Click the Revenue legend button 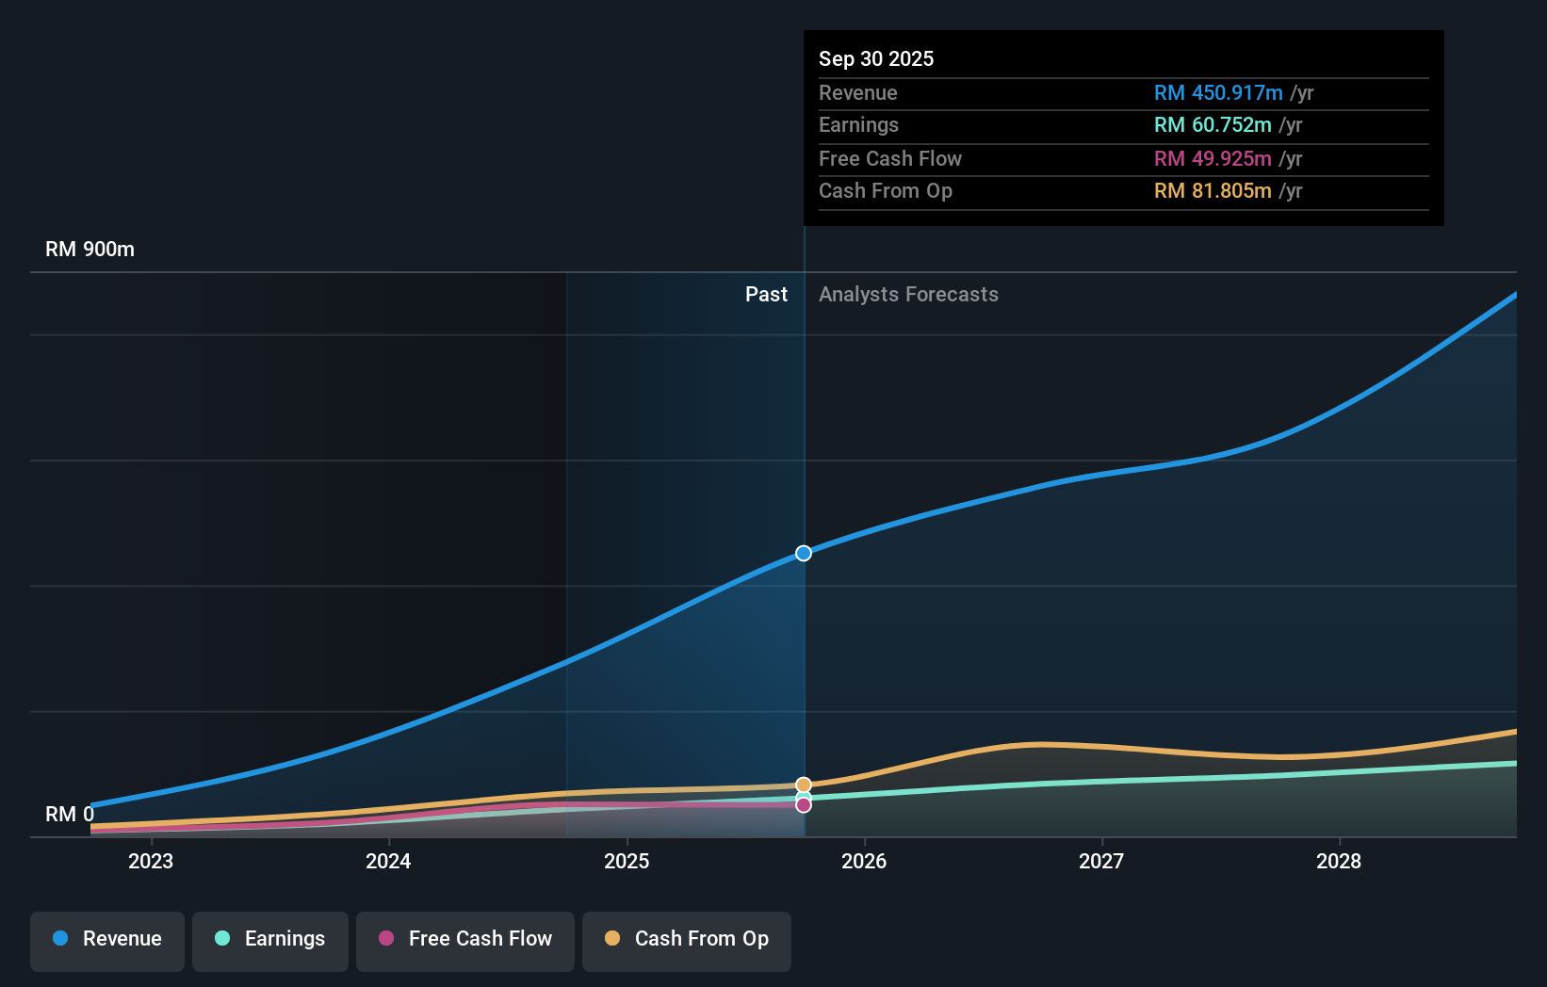pos(107,939)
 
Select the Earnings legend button pos(270,939)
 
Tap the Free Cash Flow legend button pos(465,939)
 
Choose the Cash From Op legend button pos(687,939)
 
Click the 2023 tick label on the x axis pos(151,861)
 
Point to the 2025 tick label pos(627,861)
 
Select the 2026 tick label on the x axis pos(864,861)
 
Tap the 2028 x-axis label pos(1339,861)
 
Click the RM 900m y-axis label pos(90,250)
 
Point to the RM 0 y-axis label pos(70,814)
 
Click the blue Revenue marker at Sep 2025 pos(804,553)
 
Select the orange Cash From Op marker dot pos(804,785)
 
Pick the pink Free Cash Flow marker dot pos(804,805)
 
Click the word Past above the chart pos(766,295)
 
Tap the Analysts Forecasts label pos(908,295)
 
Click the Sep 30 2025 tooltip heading pos(876,58)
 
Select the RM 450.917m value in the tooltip pos(1218,93)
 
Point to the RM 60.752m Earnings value pos(1213,125)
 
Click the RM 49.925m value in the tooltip pos(1213,159)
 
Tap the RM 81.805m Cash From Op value pos(1213,191)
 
